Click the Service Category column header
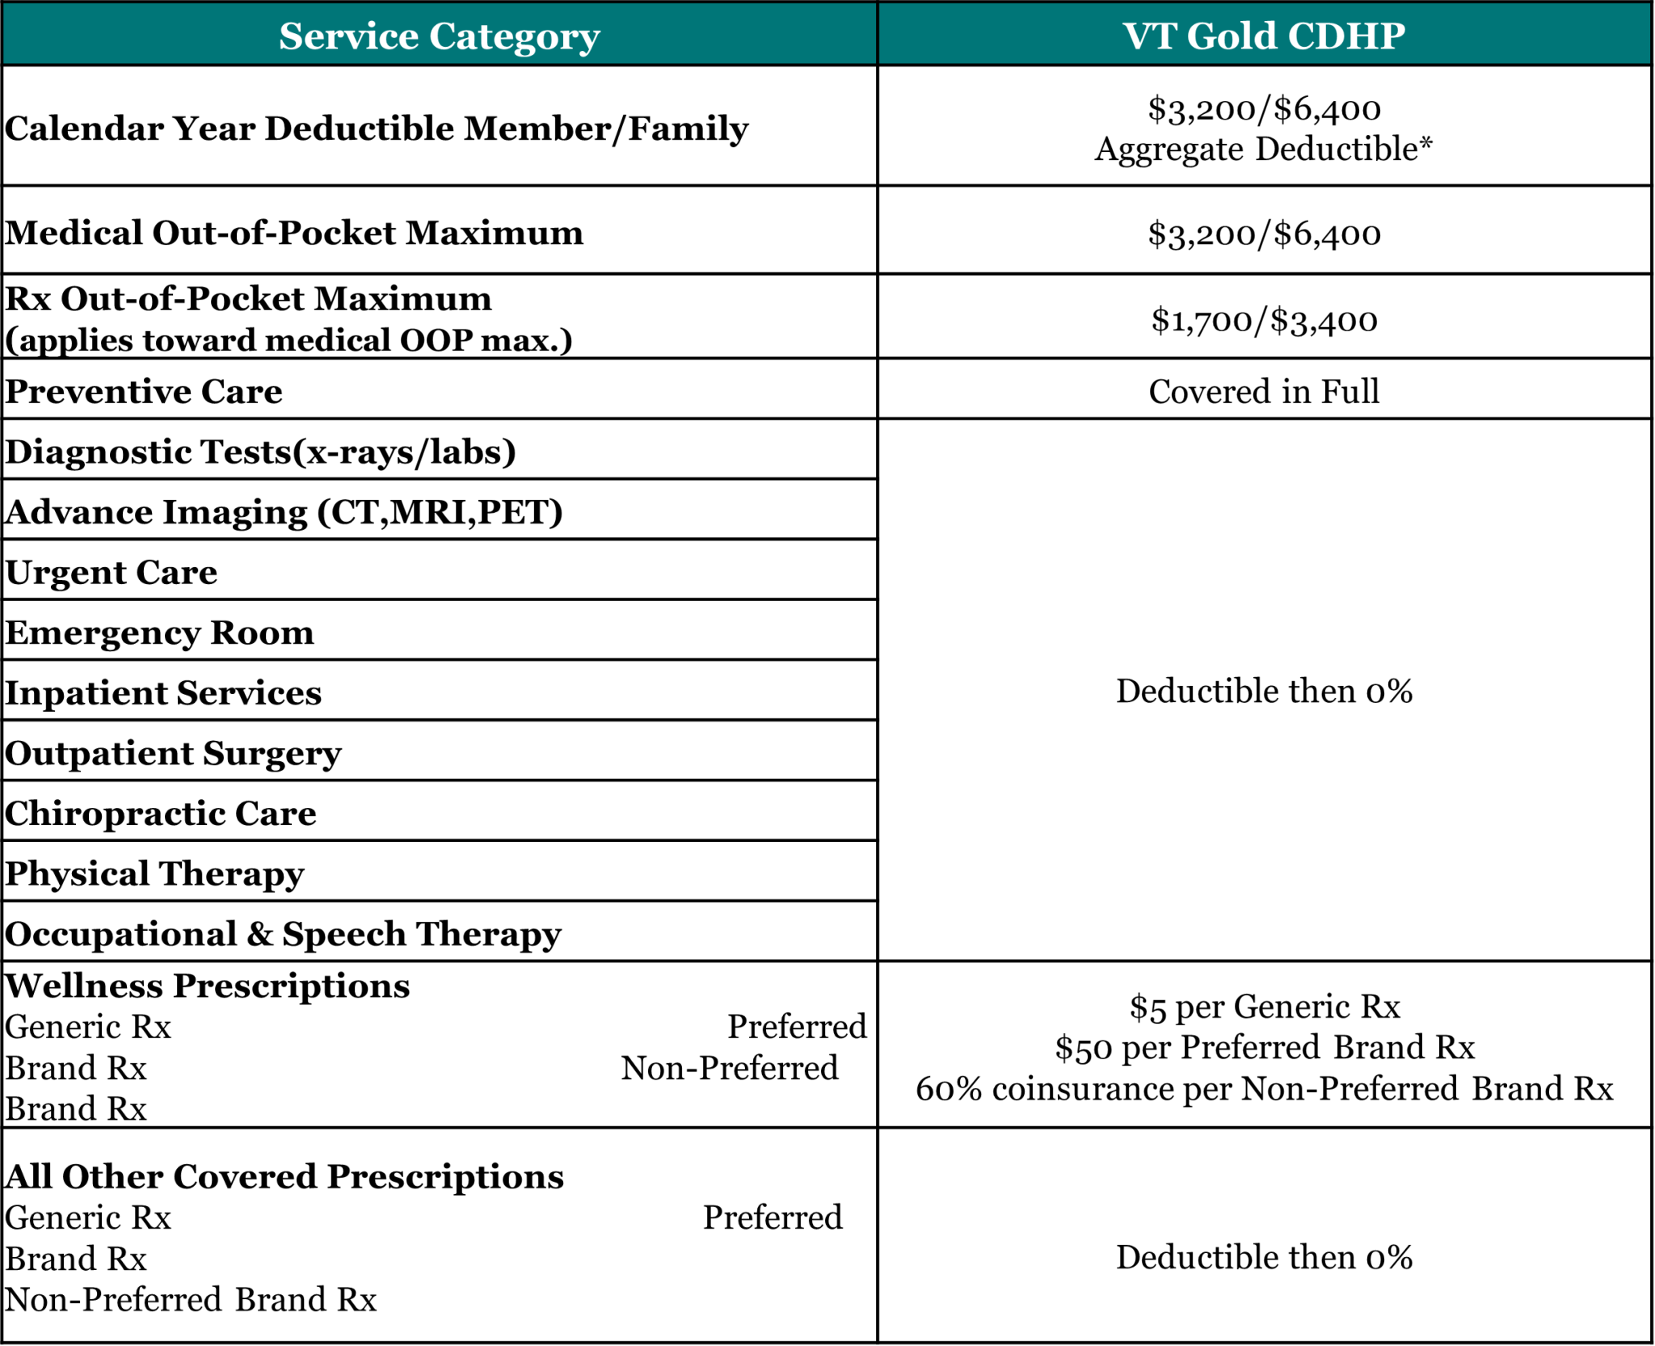pos(439,36)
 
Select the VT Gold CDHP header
pos(1264,36)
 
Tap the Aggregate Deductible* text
pos(1264,149)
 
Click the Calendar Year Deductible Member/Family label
pos(377,128)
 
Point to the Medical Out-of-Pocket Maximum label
pos(294,233)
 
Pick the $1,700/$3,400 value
pos(1264,320)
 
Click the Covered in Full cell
pos(1264,392)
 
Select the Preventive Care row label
pos(144,392)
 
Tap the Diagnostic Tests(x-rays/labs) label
pos(260,452)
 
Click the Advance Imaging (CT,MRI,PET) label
pos(284,512)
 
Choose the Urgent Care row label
pos(112,573)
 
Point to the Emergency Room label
pos(159,633)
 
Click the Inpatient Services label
pos(163,693)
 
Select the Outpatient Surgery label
pos(173,754)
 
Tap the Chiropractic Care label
pos(161,814)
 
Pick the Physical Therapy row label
pos(154,874)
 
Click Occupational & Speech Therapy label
pos(283,934)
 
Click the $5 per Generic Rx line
pos(1264,1007)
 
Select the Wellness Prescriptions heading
pos(208,986)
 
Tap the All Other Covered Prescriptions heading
pos(284,1176)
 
